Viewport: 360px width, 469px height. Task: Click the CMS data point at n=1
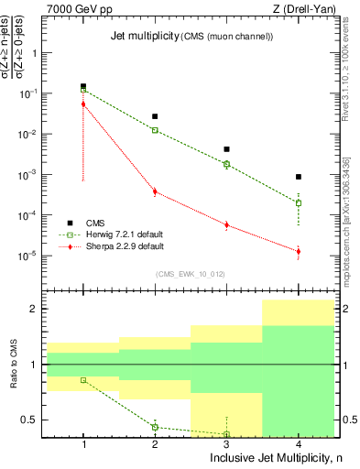(x=83, y=86)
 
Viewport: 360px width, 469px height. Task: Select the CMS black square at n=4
(x=299, y=177)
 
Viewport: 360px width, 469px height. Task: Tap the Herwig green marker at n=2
(x=155, y=130)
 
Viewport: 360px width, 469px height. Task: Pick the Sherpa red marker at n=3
(x=226, y=224)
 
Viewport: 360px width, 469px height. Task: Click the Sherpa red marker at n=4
(x=299, y=251)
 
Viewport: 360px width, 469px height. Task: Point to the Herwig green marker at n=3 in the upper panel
(x=226, y=164)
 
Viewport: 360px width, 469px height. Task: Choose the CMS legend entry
(x=95, y=223)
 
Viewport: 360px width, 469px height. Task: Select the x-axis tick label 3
(x=226, y=443)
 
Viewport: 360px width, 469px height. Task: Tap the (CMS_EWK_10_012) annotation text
(x=191, y=274)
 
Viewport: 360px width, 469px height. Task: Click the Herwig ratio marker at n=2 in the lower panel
(x=155, y=427)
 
